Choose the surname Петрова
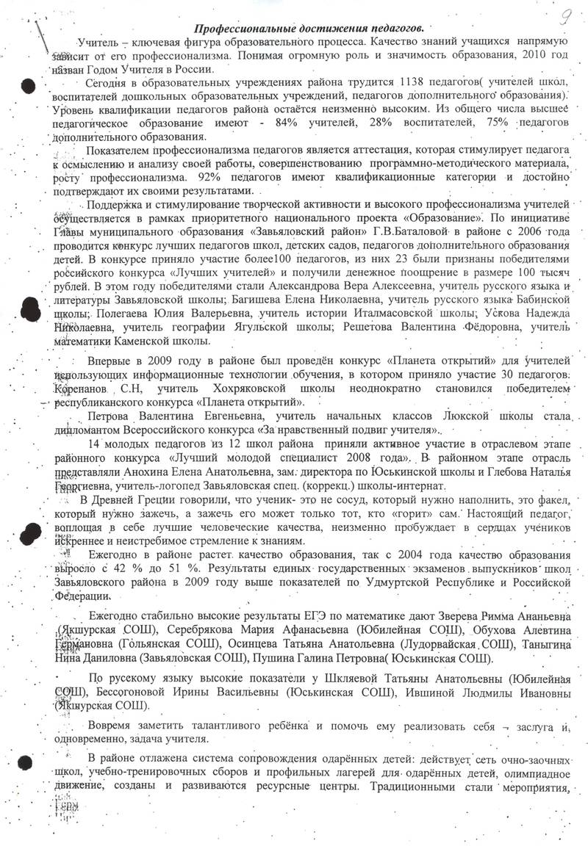point(110,416)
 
